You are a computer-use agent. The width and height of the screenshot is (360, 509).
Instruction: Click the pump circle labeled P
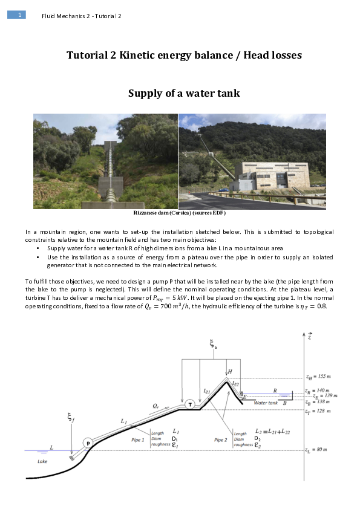(88, 443)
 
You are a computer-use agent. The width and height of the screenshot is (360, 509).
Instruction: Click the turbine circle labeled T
(190, 404)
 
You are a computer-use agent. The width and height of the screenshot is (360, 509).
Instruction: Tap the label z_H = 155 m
(317, 376)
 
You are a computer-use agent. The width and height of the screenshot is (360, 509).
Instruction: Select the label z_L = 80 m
(316, 450)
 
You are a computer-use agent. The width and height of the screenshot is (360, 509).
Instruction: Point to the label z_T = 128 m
(317, 411)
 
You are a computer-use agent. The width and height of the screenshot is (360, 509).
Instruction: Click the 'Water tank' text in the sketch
(266, 403)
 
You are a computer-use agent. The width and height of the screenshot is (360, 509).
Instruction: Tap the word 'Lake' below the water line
(42, 461)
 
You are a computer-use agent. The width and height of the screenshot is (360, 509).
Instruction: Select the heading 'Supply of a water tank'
(184, 93)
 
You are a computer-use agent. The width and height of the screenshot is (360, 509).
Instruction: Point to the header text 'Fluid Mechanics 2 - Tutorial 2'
(82, 16)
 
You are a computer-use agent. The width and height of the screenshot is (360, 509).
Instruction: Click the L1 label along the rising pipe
(123, 420)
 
